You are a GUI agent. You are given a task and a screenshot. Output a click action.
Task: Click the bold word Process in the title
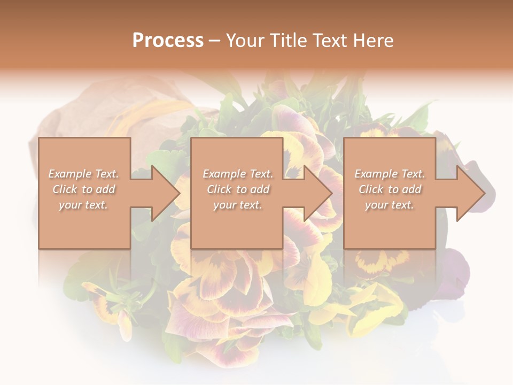[x=168, y=41]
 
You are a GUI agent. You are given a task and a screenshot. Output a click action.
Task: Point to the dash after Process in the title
[x=215, y=41]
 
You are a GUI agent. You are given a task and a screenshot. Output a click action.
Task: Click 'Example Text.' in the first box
[x=84, y=174]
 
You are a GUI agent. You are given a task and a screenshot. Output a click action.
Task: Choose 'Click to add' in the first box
[x=84, y=189]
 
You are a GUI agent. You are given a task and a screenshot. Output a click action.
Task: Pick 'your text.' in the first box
[x=84, y=205]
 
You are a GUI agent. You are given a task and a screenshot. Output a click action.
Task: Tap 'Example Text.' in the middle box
[x=238, y=174]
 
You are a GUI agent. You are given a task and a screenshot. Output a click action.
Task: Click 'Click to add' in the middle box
[x=238, y=189]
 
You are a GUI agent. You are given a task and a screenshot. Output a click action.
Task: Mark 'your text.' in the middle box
[x=238, y=205]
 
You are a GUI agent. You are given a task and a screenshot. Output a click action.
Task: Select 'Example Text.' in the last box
[x=390, y=174]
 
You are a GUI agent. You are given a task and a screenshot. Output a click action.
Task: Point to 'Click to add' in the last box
[x=390, y=189]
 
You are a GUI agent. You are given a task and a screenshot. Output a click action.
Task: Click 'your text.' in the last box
[x=390, y=205]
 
